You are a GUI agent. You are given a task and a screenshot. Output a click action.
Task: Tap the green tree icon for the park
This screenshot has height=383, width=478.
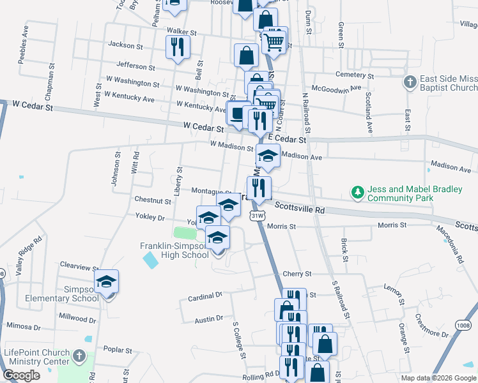click(x=357, y=191)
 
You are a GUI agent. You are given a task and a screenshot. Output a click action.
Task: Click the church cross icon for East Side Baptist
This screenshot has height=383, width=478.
click(x=410, y=82)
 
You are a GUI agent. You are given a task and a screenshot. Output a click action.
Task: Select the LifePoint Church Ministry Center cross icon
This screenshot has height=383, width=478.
click(x=79, y=355)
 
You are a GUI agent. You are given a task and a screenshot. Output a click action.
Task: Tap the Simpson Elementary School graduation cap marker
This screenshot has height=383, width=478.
click(x=107, y=281)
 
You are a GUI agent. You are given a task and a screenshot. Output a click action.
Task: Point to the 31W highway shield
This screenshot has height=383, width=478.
click(x=257, y=216)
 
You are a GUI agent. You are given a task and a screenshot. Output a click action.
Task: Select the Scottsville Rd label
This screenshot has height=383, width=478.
click(x=299, y=207)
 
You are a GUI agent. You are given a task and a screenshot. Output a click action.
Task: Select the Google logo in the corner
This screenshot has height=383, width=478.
click(x=21, y=375)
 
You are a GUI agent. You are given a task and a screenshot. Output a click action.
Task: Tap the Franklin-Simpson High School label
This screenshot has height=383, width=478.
click(x=175, y=250)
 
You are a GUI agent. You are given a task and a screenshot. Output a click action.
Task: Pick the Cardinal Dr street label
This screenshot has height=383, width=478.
click(x=205, y=296)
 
